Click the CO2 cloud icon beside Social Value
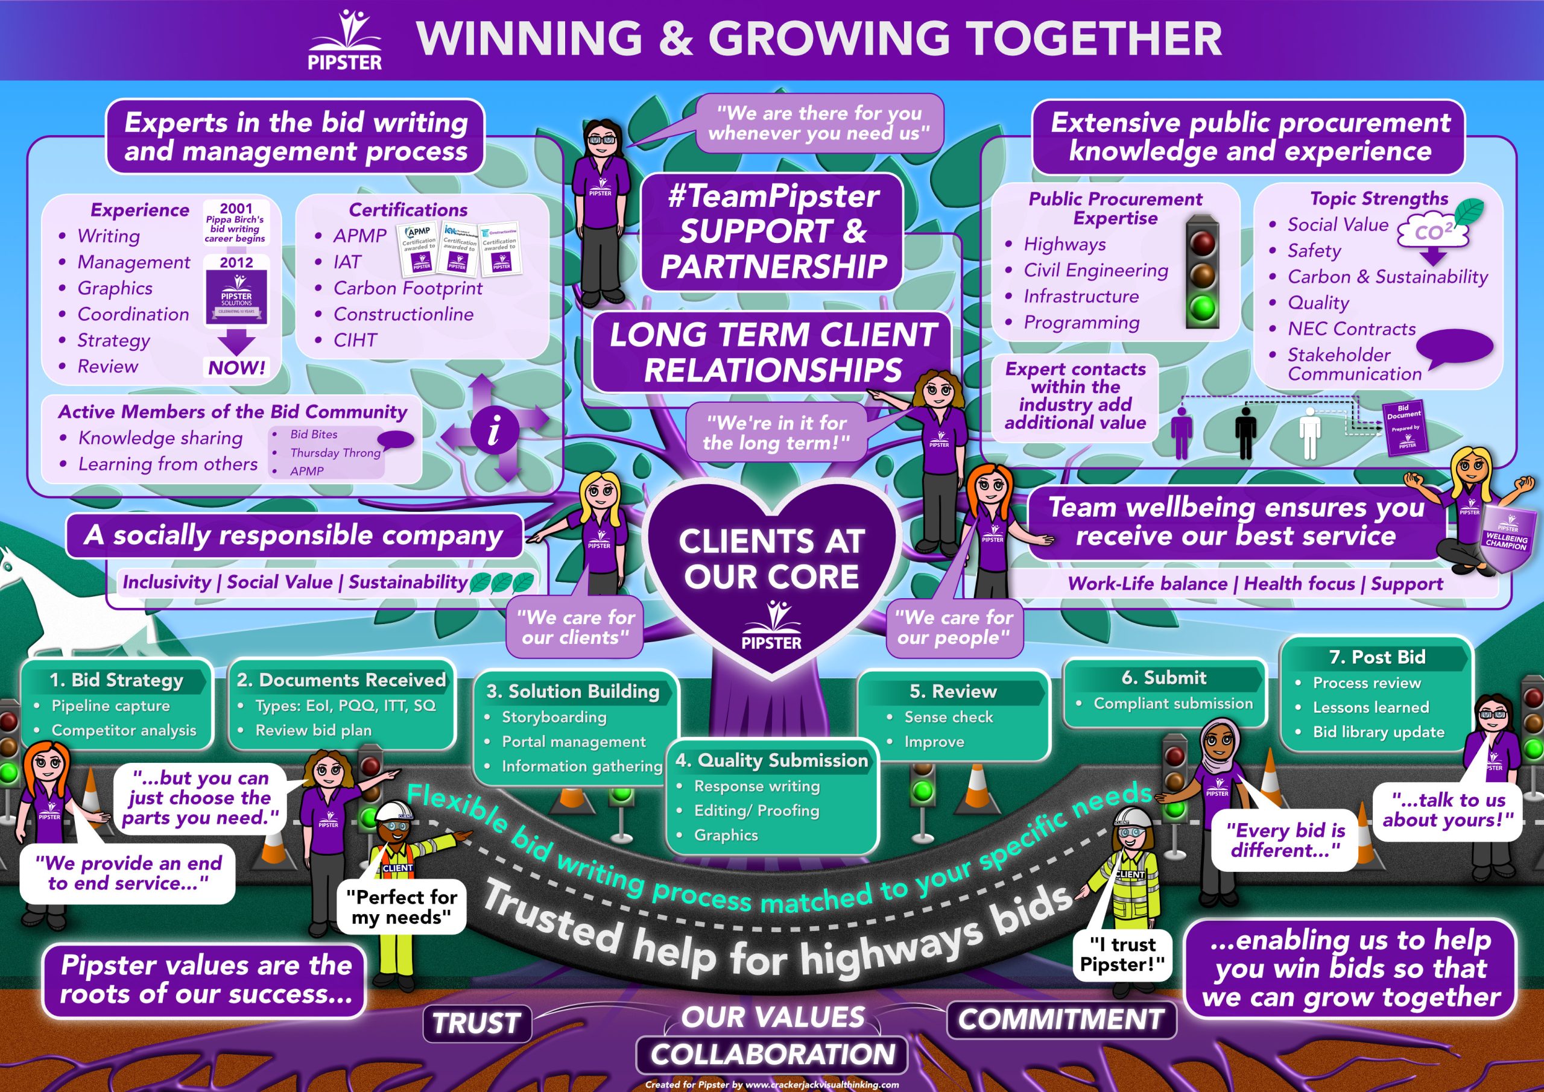click(x=1433, y=233)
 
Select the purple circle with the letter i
click(x=495, y=429)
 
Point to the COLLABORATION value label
click(x=772, y=1055)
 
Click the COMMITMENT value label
click(x=1060, y=1018)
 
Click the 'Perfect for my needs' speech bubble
click(x=401, y=906)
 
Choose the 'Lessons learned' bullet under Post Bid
click(x=1370, y=707)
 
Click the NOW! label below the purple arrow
click(x=236, y=368)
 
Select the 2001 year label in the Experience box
click(x=236, y=209)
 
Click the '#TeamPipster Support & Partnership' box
click(x=772, y=232)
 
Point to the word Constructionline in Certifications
click(x=403, y=314)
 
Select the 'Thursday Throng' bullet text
click(x=335, y=452)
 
